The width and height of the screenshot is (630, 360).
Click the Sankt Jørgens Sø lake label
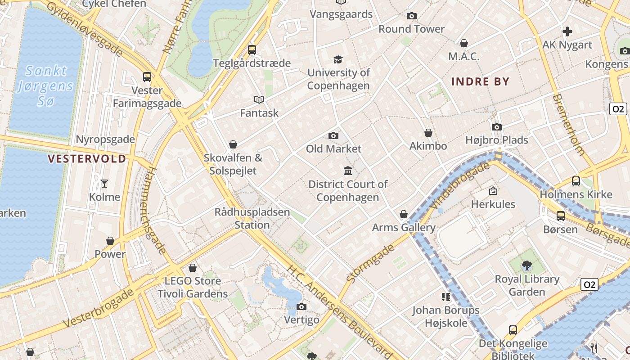click(45, 85)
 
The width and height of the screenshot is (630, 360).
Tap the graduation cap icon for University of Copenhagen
click(338, 59)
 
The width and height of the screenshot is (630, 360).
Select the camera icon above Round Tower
click(411, 16)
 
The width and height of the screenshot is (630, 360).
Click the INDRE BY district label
click(480, 81)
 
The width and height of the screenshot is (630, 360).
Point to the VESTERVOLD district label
click(87, 159)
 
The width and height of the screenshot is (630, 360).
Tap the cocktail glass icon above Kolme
click(104, 183)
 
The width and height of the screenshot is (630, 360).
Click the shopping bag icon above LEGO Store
click(193, 268)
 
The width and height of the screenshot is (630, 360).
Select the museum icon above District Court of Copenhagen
click(348, 171)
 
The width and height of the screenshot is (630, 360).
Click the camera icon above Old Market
click(333, 135)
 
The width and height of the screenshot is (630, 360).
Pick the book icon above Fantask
click(259, 99)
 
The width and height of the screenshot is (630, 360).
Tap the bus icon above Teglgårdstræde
click(252, 50)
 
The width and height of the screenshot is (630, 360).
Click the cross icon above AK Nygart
click(567, 31)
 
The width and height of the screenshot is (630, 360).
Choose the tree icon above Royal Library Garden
click(526, 265)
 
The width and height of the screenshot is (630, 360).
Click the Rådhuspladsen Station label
click(252, 218)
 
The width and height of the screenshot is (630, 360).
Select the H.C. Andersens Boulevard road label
click(340, 310)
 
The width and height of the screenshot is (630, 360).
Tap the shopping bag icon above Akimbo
click(428, 133)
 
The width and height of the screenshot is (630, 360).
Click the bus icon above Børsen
click(560, 216)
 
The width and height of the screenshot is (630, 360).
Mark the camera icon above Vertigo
click(301, 307)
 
